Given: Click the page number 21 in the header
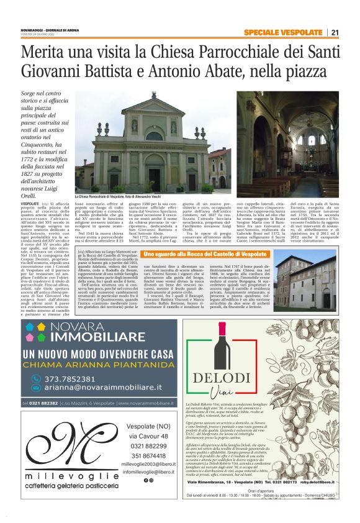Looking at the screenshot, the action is point(335,32).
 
